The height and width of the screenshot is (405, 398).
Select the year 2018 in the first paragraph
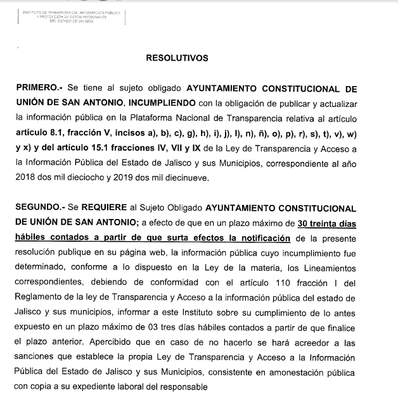27,178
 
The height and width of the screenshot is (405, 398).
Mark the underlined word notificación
257,238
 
